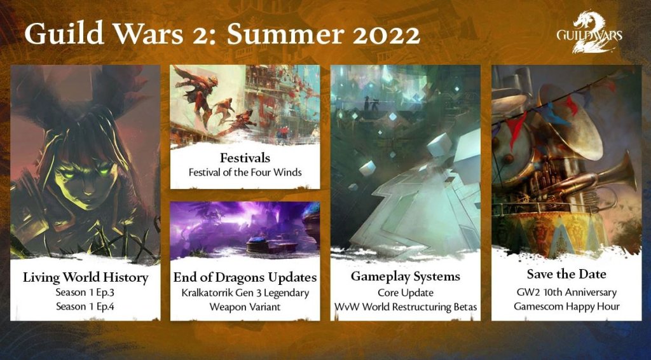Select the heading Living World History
click(x=85, y=277)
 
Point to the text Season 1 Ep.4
click(x=85, y=307)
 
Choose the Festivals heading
click(x=245, y=156)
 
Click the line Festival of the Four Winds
click(x=245, y=172)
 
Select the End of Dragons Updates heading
click(x=245, y=277)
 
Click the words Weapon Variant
click(x=245, y=307)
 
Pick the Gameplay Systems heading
click(x=405, y=277)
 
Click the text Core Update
click(x=405, y=293)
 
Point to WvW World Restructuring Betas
click(x=405, y=307)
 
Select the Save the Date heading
click(x=566, y=275)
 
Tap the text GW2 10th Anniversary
click(x=566, y=293)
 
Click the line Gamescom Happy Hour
click(x=566, y=307)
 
